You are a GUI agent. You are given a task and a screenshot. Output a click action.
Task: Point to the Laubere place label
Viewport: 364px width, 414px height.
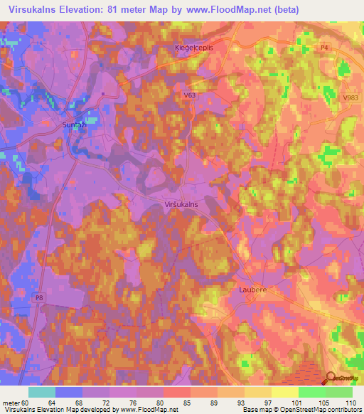pos(252,290)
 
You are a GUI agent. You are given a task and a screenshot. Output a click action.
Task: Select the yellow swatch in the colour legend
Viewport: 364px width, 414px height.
pos(285,392)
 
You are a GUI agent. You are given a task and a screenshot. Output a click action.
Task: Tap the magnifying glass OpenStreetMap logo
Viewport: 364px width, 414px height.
pos(332,379)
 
